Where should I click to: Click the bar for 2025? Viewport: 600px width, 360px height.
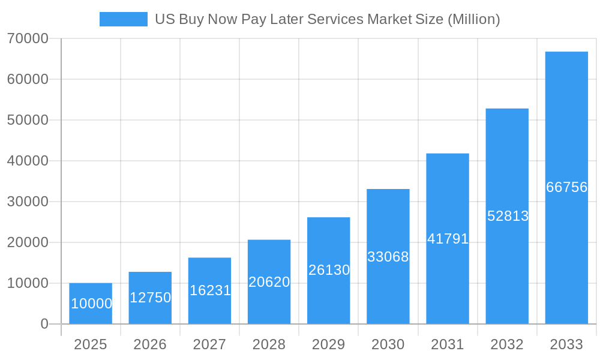click(91, 304)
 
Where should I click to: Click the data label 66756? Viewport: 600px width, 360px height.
click(566, 187)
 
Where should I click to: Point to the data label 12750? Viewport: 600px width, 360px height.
click(150, 298)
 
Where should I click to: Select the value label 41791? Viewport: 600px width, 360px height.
click(448, 239)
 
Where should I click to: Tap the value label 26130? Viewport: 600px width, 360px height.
click(329, 270)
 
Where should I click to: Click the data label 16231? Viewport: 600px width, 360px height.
click(210, 290)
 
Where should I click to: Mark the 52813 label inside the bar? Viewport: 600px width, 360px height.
click(508, 216)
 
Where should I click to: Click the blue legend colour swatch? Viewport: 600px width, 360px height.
click(123, 19)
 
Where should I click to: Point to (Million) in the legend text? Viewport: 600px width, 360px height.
click(473, 19)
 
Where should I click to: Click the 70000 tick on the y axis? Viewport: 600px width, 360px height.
click(28, 38)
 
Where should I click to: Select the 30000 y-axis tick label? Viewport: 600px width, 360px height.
click(28, 202)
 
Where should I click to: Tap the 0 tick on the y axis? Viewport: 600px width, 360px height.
click(44, 324)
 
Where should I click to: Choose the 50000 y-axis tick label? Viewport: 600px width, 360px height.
click(28, 120)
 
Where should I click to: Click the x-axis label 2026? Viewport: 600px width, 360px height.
click(150, 344)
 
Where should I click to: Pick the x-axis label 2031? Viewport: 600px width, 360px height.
click(448, 344)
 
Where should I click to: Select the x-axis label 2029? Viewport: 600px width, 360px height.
click(329, 344)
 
